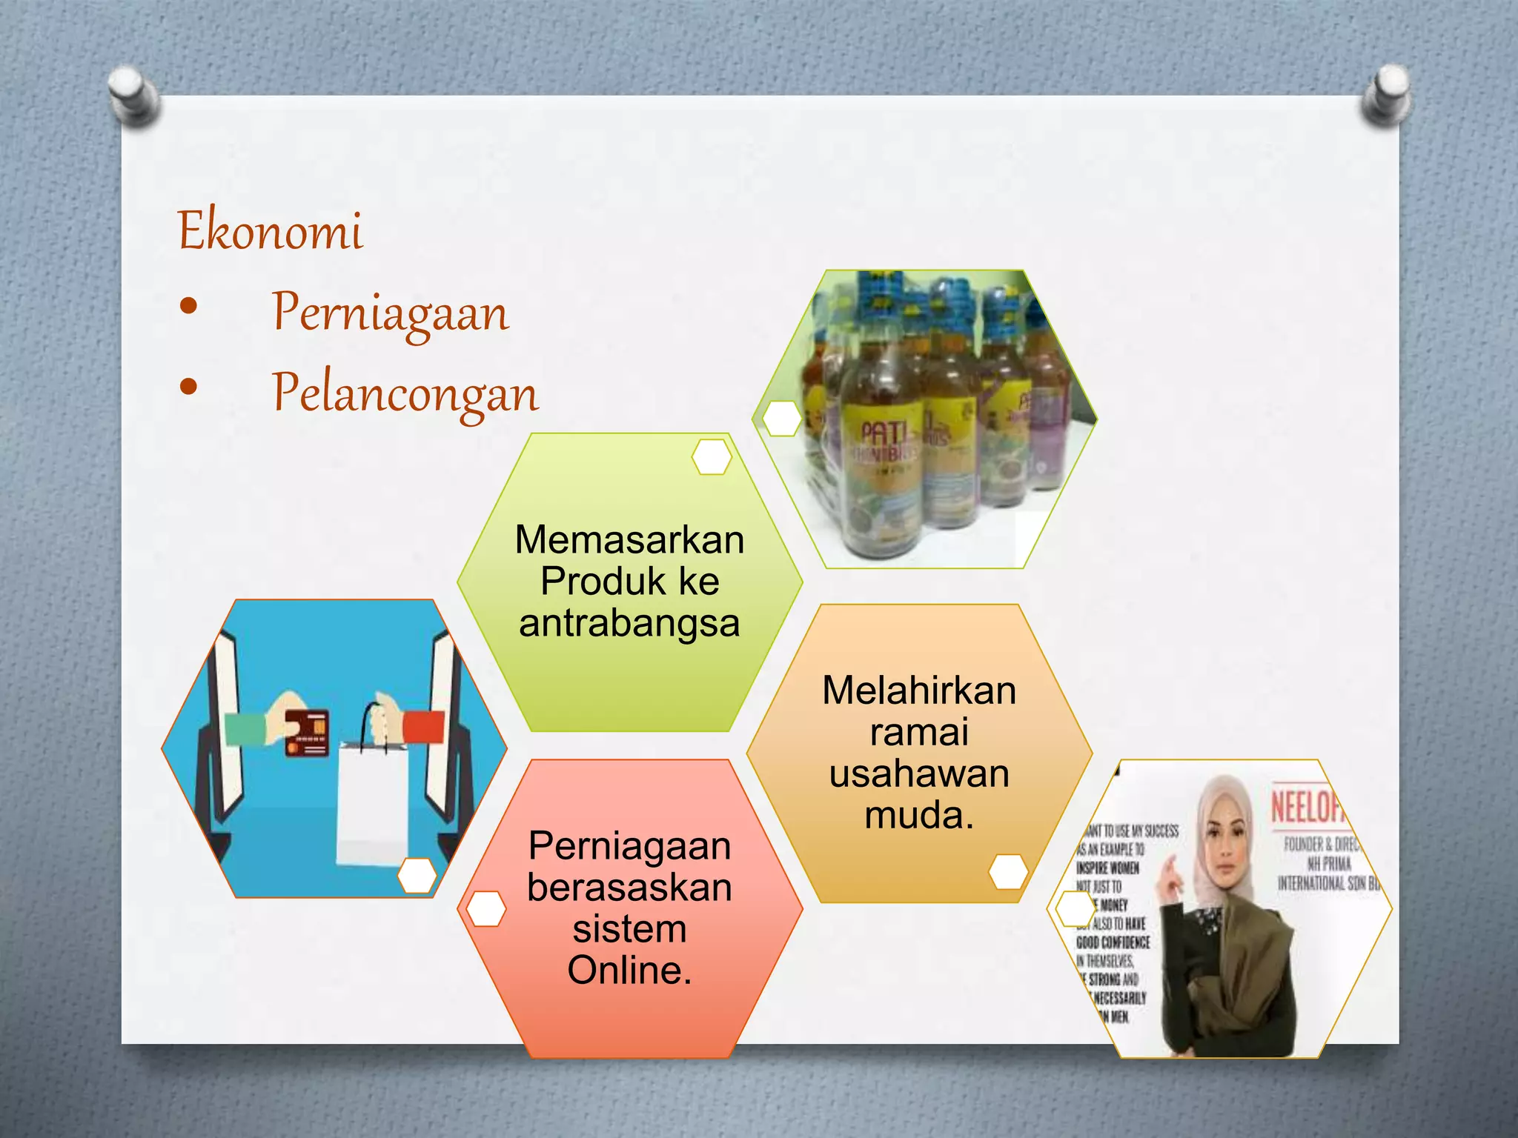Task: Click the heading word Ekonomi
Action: pyautogui.click(x=271, y=230)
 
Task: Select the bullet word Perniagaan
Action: pyautogui.click(x=391, y=312)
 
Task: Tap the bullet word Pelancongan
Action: pyautogui.click(x=405, y=393)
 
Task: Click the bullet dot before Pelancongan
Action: pyautogui.click(x=188, y=386)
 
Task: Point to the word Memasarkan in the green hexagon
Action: pyautogui.click(x=629, y=539)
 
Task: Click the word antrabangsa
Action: pyautogui.click(x=629, y=623)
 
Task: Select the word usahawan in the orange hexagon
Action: pyautogui.click(x=919, y=774)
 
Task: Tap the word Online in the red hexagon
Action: pyautogui.click(x=629, y=971)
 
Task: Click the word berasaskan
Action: pyautogui.click(x=629, y=888)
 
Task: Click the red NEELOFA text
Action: pyautogui.click(x=1308, y=806)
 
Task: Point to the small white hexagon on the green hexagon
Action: pyautogui.click(x=712, y=456)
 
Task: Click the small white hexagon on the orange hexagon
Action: pyautogui.click(x=1008, y=871)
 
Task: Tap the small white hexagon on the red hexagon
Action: pyautogui.click(x=486, y=908)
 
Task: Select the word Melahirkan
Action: pyautogui.click(x=919, y=691)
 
